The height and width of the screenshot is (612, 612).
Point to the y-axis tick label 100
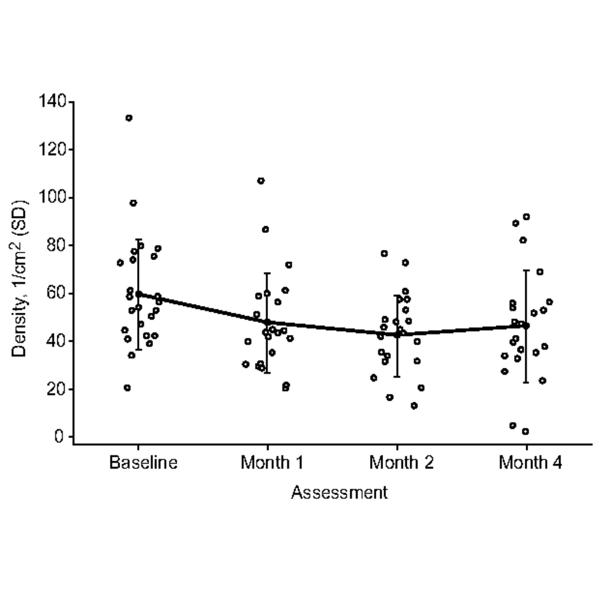point(53,198)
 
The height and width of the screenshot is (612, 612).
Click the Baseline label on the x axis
point(143,462)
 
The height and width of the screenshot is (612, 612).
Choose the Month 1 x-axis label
point(272,462)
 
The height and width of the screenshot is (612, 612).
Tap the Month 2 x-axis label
point(401,462)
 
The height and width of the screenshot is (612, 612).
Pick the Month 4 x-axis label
point(530,462)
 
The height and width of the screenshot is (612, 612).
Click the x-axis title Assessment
point(339,492)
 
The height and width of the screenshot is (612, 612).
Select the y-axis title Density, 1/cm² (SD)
point(20,278)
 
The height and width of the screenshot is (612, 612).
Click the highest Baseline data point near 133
point(129,118)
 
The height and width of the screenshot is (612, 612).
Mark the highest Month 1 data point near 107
point(261,181)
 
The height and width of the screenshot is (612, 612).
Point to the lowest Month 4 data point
point(525,431)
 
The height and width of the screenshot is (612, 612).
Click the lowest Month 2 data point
point(414,406)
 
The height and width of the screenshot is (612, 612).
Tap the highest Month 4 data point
point(526,216)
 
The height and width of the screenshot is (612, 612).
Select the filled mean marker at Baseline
point(138,294)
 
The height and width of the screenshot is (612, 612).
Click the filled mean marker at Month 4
point(526,325)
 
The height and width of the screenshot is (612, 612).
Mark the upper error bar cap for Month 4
point(526,270)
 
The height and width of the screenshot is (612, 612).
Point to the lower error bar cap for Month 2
point(397,376)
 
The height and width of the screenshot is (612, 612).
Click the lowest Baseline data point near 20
point(127,388)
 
